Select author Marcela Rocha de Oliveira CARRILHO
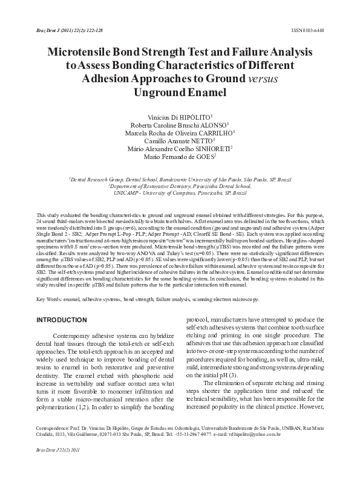click(x=180, y=134)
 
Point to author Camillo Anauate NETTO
click(x=180, y=143)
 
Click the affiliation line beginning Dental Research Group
click(x=180, y=180)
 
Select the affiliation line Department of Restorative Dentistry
click(x=180, y=186)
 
